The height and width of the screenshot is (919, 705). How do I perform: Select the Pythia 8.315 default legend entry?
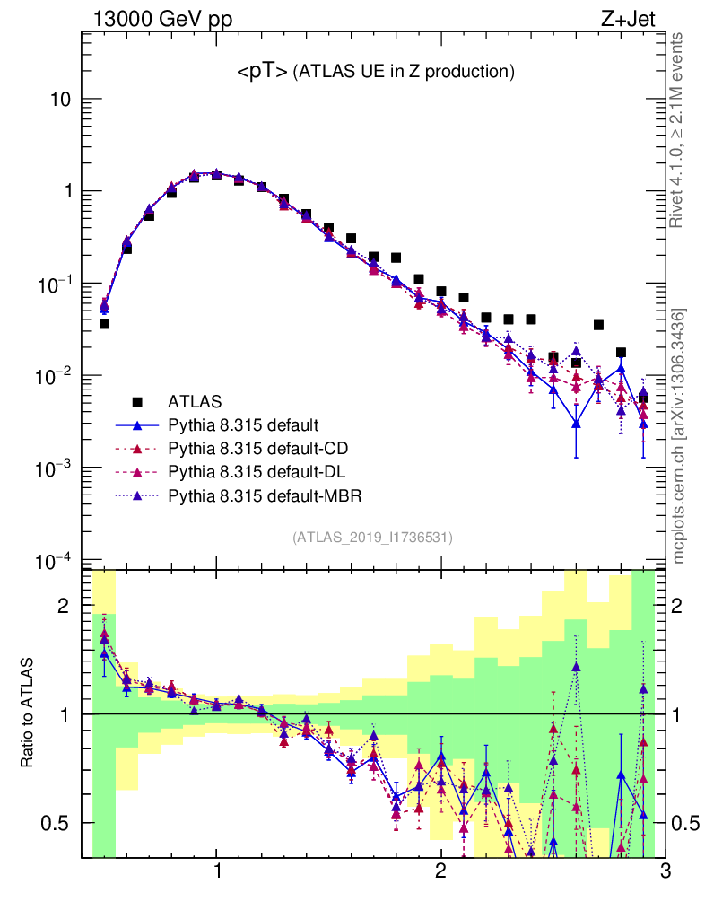click(243, 424)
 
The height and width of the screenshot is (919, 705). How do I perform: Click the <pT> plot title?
click(375, 72)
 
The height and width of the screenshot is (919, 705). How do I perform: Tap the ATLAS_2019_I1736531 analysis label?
click(372, 538)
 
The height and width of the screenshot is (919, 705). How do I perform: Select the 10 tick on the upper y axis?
click(59, 100)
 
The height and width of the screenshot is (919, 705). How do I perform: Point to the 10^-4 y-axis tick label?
click(53, 562)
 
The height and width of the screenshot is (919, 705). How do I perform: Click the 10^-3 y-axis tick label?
click(53, 469)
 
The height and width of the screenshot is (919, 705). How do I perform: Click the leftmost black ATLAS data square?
click(104, 324)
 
